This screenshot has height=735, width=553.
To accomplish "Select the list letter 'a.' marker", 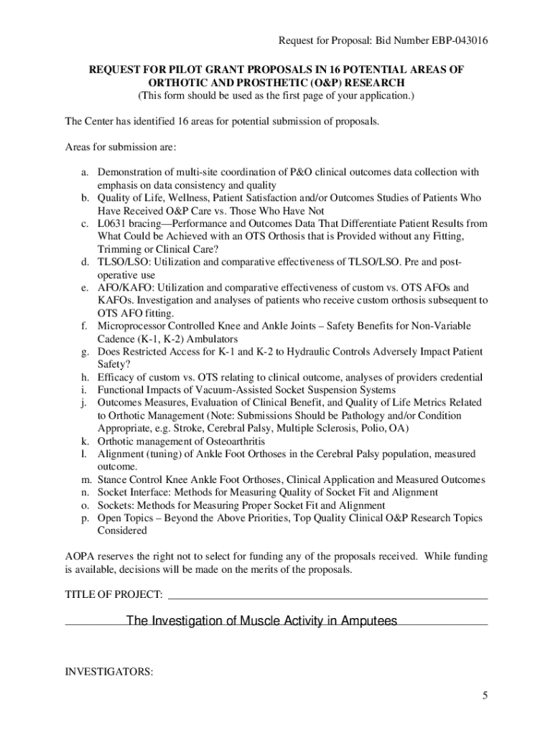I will (84, 172).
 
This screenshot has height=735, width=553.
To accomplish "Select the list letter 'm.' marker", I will (85, 479).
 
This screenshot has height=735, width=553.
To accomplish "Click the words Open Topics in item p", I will (124, 518).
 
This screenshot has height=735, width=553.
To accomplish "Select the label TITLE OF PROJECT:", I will (114, 595).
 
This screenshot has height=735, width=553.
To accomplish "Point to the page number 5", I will (485, 696).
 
